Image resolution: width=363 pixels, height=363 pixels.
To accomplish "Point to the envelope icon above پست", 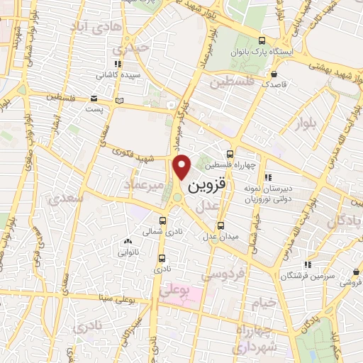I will [x=94, y=99].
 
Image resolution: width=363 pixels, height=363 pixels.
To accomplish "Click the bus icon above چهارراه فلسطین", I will [x=230, y=154].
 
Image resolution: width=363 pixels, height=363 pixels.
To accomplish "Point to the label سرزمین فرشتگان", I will [x=307, y=274].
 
